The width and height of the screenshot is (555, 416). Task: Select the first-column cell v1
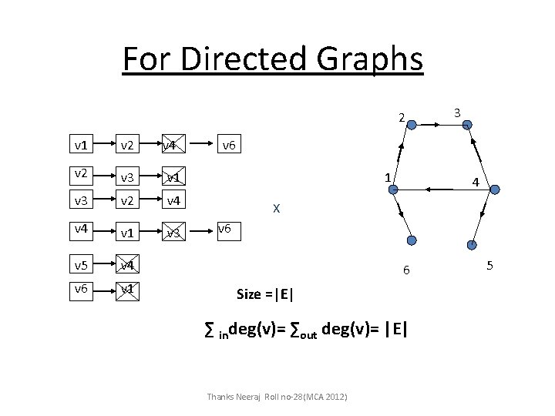point(80,144)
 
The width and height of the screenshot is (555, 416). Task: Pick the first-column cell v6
point(80,289)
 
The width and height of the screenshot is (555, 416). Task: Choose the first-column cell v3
point(80,202)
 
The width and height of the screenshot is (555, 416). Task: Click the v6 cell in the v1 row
point(229,144)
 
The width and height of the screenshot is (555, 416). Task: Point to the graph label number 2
point(401,118)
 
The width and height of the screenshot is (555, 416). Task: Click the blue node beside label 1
point(392,187)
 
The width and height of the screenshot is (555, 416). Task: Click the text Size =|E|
point(264,294)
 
